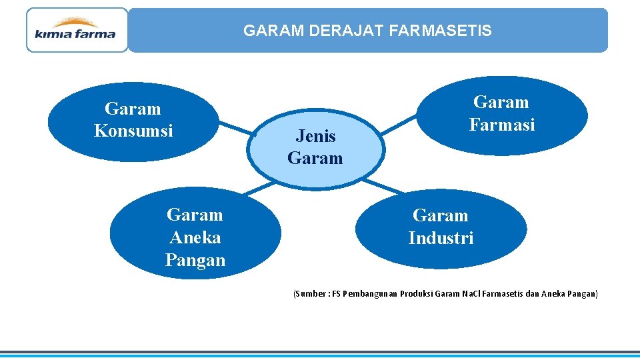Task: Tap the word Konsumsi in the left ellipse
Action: (133, 131)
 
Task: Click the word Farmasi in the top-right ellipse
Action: (502, 125)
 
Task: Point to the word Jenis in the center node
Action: (315, 136)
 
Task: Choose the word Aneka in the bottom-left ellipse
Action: (195, 237)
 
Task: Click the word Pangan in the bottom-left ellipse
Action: (195, 260)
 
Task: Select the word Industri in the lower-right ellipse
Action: (441, 238)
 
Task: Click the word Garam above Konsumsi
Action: (133, 108)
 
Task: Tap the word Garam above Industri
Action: (441, 215)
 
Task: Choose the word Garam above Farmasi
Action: (501, 102)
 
